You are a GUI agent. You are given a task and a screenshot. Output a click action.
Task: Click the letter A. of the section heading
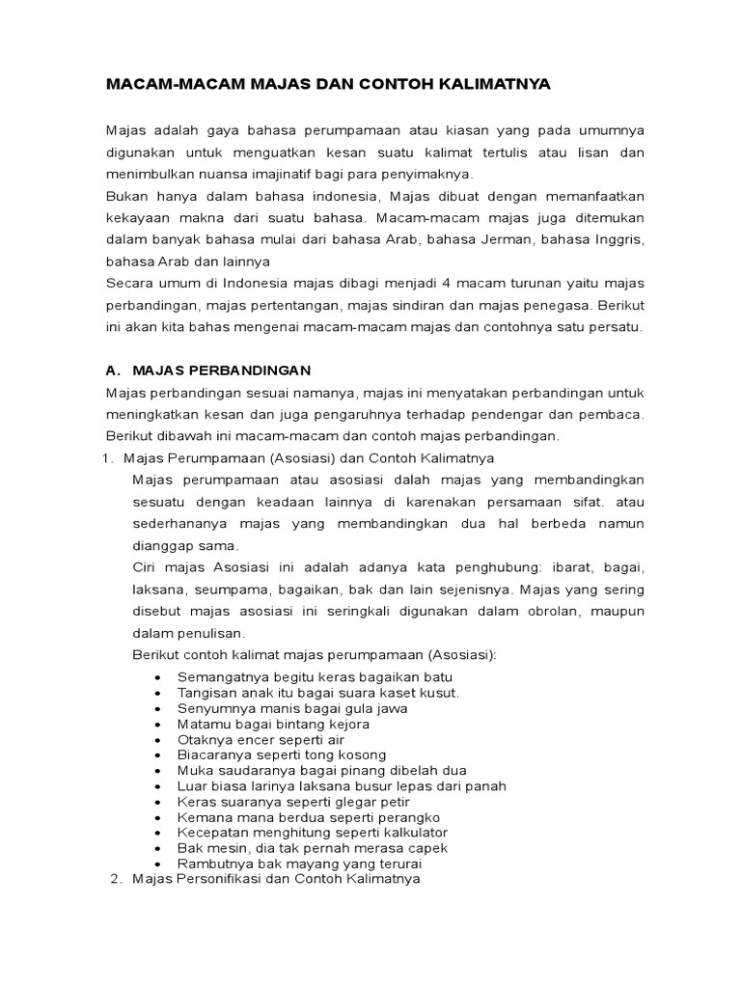click(112, 370)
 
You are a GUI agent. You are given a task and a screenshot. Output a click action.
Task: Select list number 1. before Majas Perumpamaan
click(108, 457)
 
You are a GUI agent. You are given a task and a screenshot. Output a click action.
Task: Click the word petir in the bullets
click(394, 802)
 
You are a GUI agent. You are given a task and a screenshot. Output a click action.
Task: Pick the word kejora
click(347, 724)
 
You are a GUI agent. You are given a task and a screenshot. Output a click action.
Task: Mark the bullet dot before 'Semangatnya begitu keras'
click(157, 677)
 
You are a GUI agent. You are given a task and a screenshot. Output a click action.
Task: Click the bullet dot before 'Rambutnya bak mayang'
click(157, 864)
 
